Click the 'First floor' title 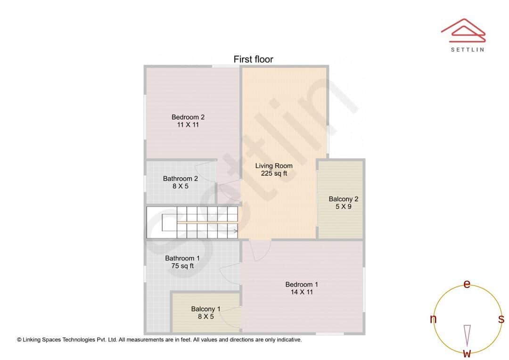click(253, 59)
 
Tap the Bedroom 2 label click(188, 117)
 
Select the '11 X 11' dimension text click(188, 125)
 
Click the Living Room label click(274, 166)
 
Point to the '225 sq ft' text click(274, 173)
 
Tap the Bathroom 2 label click(181, 179)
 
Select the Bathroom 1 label click(182, 258)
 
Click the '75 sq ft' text click(182, 266)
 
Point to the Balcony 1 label click(205, 309)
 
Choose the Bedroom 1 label click(302, 285)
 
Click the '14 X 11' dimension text click(302, 292)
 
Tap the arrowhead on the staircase click(235, 231)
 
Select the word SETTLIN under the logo click(467, 49)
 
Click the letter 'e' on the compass click(467, 284)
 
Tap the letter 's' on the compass click(501, 319)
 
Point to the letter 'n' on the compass click(433, 319)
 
